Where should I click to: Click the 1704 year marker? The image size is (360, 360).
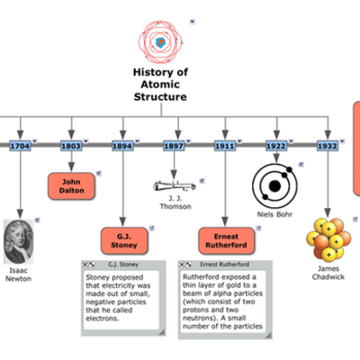tap(20, 145)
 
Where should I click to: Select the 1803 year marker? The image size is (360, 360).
tap(71, 145)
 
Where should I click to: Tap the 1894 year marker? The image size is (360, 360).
tap(122, 145)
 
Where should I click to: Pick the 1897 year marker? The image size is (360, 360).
tap(174, 145)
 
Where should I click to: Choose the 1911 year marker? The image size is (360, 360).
tap(225, 145)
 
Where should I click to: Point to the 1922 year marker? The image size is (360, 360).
tap(276, 145)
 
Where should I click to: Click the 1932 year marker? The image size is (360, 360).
tap(327, 145)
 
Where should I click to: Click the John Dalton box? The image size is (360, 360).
tap(71, 185)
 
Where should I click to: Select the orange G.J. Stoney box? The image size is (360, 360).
tap(122, 240)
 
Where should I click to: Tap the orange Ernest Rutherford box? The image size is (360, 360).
tap(226, 240)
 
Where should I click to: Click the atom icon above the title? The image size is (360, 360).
tap(160, 41)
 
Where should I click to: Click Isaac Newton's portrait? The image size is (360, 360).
tap(19, 238)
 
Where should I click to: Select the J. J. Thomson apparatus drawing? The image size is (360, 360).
tap(174, 184)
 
